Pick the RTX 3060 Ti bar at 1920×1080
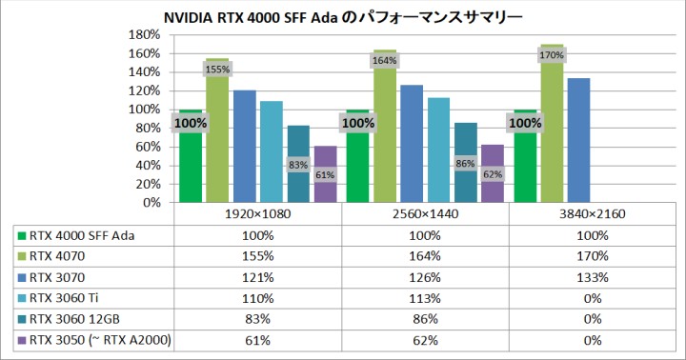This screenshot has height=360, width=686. click(272, 152)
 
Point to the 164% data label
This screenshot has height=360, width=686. click(385, 61)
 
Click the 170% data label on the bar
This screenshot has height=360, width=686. click(552, 55)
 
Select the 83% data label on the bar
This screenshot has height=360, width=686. click(298, 165)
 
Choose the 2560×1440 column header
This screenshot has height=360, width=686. click(425, 215)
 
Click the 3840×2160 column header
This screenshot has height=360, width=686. click(592, 215)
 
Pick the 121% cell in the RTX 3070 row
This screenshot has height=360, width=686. click(257, 277)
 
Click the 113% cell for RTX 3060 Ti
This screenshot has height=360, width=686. click(425, 298)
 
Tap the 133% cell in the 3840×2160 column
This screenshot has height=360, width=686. click(592, 277)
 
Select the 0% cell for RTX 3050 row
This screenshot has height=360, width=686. click(592, 340)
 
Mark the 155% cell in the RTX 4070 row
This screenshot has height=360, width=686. click(257, 256)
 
